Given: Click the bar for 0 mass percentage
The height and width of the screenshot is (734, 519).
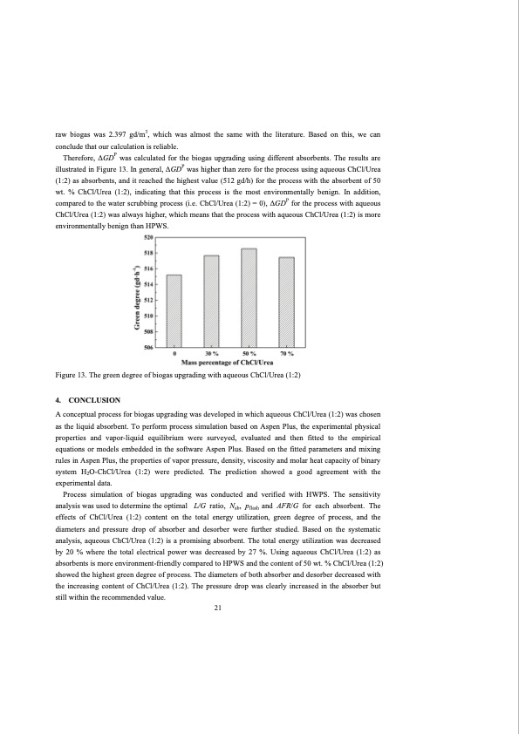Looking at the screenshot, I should [x=174, y=311].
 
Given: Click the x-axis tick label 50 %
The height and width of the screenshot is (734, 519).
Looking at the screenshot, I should [x=249, y=354].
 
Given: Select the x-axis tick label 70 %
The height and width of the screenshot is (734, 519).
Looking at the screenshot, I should [x=286, y=354].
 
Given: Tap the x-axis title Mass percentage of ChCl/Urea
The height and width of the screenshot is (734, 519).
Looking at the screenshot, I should [x=230, y=362].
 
